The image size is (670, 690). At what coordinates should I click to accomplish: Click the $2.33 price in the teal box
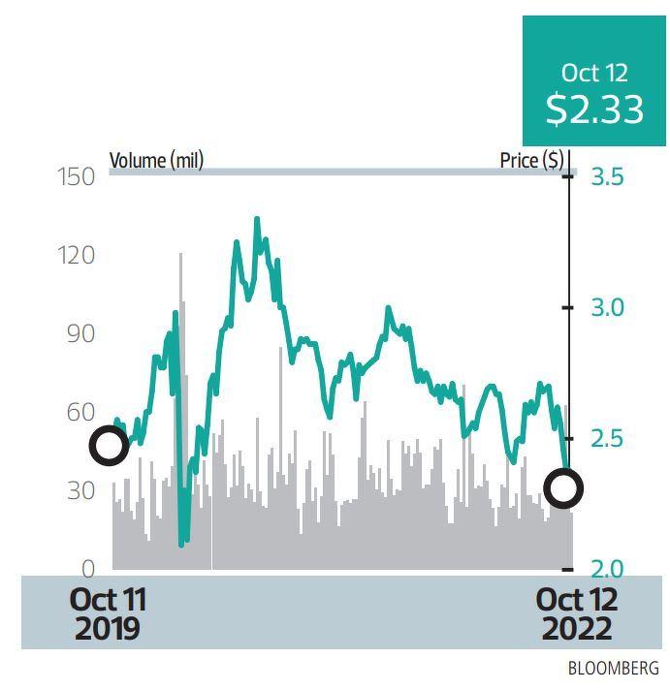tap(594, 110)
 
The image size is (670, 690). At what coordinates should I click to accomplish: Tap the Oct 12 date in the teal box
tap(594, 73)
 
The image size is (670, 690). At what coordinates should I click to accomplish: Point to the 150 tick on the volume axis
tap(75, 176)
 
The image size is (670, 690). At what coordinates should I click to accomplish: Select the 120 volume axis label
tap(75, 255)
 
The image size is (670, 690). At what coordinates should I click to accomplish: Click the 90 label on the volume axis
tap(80, 333)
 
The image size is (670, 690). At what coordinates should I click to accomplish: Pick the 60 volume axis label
tap(80, 412)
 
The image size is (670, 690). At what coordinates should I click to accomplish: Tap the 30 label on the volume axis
tap(80, 490)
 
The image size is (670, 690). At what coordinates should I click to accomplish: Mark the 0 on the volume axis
tap(87, 569)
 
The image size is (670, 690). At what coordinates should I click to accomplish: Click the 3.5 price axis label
tap(607, 176)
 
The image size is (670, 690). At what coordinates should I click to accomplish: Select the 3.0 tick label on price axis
tap(607, 307)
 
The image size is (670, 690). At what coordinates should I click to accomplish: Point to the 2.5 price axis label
tap(607, 438)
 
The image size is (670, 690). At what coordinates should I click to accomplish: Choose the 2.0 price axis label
tap(607, 569)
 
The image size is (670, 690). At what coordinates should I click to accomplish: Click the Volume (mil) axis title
tap(156, 160)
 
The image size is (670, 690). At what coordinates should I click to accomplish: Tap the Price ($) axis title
tap(531, 160)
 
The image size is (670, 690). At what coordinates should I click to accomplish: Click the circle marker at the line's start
tap(109, 446)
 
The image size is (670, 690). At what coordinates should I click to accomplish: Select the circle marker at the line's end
tap(563, 488)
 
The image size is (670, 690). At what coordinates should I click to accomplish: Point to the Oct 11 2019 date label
tap(108, 613)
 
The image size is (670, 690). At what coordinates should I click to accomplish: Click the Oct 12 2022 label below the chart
tap(576, 613)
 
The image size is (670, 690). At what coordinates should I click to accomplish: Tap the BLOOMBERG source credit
tap(613, 669)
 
